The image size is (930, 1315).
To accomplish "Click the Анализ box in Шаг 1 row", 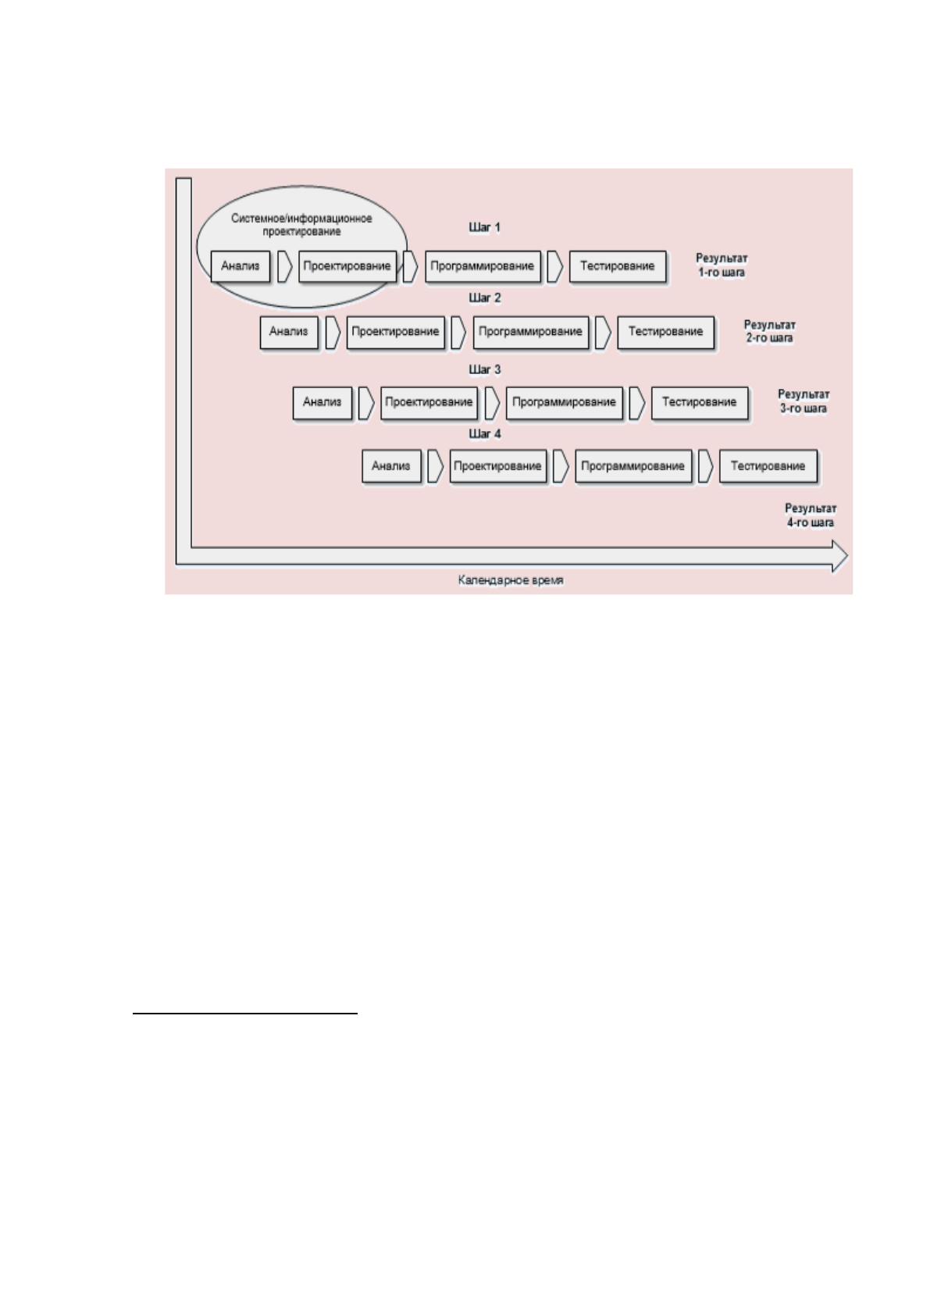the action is (241, 266).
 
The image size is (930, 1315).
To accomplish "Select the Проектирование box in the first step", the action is (347, 266).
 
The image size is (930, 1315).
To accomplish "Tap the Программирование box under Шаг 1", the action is (483, 266).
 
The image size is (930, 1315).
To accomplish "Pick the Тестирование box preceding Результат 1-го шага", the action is (618, 266).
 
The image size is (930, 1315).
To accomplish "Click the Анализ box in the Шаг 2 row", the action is (289, 332).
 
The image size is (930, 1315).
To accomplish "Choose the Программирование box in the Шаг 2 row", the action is (531, 332).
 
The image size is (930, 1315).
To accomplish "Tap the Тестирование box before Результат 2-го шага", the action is (666, 332).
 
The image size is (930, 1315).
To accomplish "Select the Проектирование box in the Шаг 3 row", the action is (429, 403).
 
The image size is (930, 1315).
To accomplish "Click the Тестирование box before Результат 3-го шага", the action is (700, 403).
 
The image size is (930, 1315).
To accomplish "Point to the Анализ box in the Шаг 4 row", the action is (391, 466).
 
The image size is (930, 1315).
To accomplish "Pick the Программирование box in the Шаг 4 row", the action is (633, 466).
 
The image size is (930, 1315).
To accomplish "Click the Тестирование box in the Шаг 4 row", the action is (768, 466).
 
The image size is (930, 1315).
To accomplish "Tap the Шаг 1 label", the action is (484, 227).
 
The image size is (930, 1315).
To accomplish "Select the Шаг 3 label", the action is (484, 369).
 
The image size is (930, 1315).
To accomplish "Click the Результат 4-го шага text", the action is (811, 515).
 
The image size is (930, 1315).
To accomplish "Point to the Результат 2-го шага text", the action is (770, 331).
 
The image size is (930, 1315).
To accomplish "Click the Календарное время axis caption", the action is (511, 580).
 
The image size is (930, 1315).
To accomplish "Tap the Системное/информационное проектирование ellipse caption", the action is (301, 225).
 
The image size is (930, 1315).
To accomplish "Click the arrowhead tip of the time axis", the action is (847, 555).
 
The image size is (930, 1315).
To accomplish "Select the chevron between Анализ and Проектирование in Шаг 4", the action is (436, 466).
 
